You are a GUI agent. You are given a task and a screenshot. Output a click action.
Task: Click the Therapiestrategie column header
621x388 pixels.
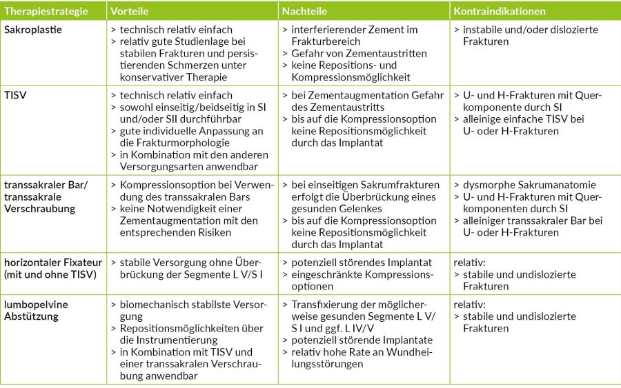46,11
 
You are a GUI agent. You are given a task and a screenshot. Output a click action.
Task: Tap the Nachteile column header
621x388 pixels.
304,11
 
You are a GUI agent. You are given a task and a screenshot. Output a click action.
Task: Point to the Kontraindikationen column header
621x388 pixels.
500,11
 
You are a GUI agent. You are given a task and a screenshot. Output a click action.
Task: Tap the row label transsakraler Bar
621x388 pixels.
46,185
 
